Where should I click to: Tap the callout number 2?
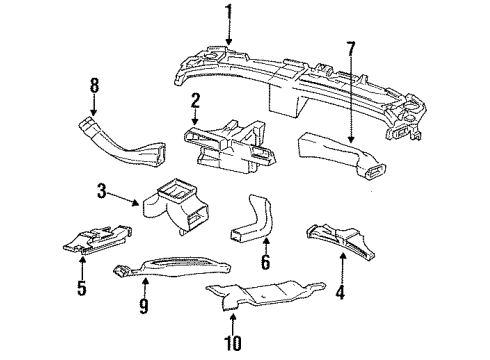pos(196,100)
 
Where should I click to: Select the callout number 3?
pos(101,189)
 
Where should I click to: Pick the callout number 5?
pos(82,291)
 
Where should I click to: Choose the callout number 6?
pos(264,264)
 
